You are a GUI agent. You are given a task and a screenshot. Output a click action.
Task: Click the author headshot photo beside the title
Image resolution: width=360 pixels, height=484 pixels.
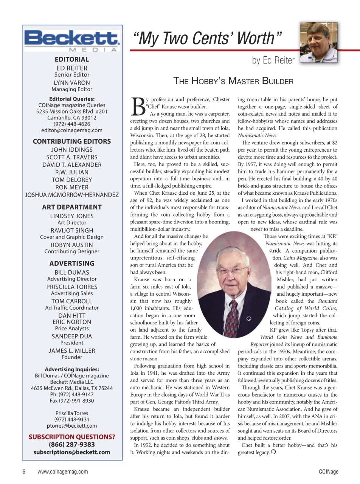tap(318, 42)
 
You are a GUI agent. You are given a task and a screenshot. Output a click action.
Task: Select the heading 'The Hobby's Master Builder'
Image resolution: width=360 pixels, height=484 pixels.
tap(233, 81)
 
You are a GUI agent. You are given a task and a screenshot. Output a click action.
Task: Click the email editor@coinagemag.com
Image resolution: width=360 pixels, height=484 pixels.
tap(72, 130)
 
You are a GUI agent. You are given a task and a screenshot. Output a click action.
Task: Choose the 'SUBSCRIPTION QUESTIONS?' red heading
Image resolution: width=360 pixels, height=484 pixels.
tap(72, 437)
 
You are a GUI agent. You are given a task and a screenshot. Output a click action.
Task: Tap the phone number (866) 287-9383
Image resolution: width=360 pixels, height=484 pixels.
tap(72, 444)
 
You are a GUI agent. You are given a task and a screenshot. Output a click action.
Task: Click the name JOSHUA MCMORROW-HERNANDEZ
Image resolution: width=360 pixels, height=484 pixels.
tap(72, 195)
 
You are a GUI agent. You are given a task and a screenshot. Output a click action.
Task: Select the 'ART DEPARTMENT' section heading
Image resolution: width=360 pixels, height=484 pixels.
tap(72, 207)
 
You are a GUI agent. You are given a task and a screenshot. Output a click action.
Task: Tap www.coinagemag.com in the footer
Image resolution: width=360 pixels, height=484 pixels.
tap(63, 472)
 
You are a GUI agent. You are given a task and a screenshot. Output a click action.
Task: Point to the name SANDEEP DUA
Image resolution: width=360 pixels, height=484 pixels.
tap(72, 336)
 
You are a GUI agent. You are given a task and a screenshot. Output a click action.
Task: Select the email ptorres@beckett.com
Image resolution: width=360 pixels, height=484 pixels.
tap(72, 426)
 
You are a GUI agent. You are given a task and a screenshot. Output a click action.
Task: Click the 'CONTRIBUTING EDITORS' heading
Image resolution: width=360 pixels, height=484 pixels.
tap(72, 141)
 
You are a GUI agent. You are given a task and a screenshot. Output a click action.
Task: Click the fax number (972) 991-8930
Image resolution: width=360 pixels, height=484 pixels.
tap(72, 401)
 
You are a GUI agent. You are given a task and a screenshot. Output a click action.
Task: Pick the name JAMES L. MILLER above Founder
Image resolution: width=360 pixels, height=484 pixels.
tap(72, 351)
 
